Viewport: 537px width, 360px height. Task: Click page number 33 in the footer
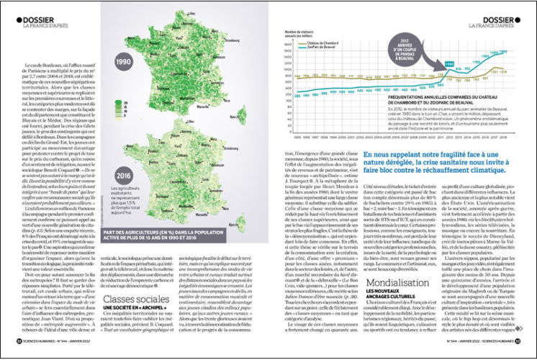(518, 352)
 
